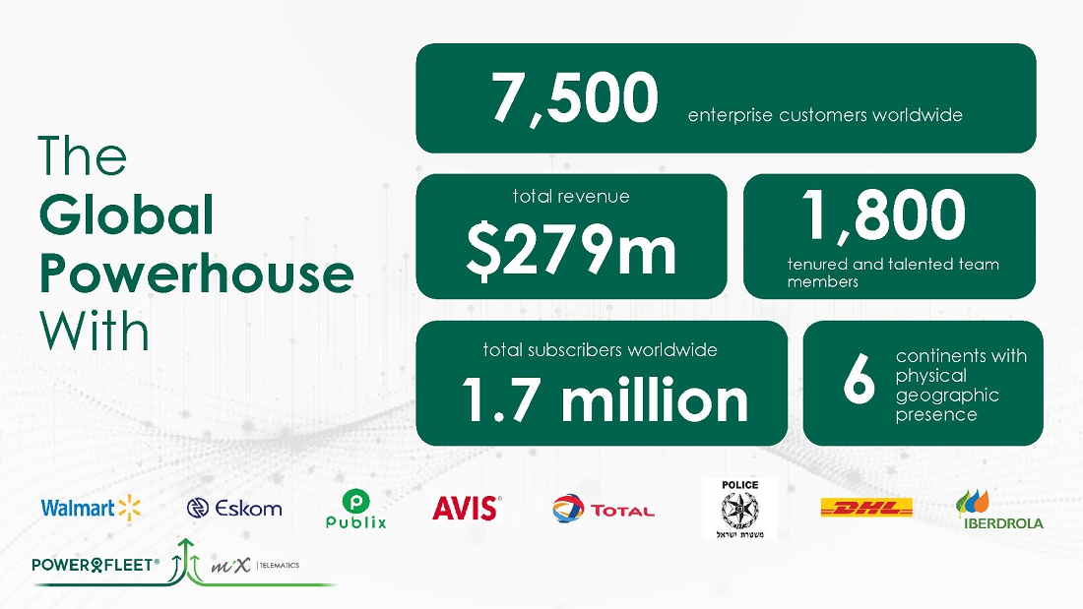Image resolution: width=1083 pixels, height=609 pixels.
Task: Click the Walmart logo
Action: [92, 509]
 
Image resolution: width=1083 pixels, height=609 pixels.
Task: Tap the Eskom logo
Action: [234, 509]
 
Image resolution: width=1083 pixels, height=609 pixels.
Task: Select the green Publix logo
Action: [355, 509]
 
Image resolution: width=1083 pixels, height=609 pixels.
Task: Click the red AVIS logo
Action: [467, 509]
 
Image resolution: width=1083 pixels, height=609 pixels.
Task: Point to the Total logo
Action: [603, 509]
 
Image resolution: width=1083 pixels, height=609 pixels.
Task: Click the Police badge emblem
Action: [739, 509]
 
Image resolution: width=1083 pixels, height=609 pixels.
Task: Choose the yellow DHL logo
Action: [866, 509]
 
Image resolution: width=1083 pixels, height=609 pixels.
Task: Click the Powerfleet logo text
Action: [96, 565]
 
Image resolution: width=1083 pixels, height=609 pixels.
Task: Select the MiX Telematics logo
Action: [255, 566]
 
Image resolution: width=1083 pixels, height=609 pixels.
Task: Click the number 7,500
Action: [575, 98]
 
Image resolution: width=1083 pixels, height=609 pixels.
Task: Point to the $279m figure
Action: [571, 250]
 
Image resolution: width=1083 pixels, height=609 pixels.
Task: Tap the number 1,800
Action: [883, 215]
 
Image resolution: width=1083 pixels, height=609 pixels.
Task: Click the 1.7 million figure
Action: [605, 399]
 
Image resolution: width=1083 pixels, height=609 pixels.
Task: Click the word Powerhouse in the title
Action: [197, 274]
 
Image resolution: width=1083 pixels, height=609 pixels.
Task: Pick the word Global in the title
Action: [126, 214]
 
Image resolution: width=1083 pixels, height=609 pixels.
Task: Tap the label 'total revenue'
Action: [571, 196]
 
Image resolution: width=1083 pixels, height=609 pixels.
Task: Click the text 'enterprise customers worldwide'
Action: [825, 115]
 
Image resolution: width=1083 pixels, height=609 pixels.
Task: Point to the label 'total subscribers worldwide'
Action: [601, 350]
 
